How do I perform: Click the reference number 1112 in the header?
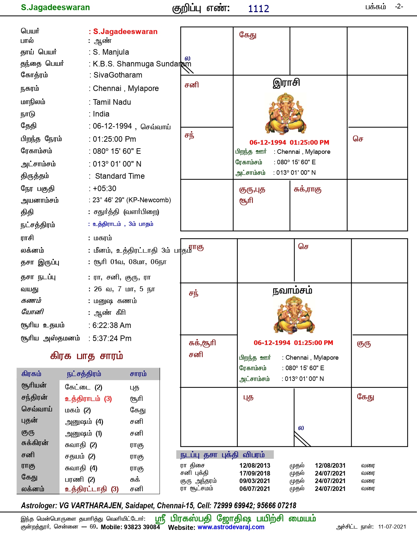(258, 9)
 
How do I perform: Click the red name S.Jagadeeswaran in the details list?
(125, 31)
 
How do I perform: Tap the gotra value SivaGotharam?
(118, 75)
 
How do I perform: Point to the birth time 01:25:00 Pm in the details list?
(114, 139)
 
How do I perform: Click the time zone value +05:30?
(105, 189)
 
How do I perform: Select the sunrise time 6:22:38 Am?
(112, 325)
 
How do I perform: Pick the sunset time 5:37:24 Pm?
(112, 338)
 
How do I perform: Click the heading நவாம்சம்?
(292, 290)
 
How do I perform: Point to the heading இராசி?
(286, 82)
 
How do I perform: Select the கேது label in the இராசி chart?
(248, 35)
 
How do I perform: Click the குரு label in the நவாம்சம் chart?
(364, 343)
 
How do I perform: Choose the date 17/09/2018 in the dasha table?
(255, 473)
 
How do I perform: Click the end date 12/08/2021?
(330, 465)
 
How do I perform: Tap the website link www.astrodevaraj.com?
(231, 527)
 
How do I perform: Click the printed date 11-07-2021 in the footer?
(392, 527)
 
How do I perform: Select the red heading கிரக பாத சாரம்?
(87, 356)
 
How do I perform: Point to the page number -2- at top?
(399, 7)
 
